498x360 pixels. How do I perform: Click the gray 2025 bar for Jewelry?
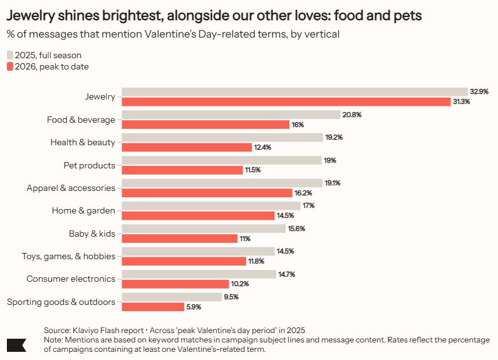294,91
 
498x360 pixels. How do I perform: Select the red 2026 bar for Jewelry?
286,102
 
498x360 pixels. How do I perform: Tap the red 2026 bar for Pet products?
182,170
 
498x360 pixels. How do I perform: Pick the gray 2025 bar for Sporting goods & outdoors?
172,297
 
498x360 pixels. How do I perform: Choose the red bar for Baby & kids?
179,239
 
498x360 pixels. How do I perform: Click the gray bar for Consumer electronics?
199,274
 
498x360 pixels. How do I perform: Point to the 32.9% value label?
479,91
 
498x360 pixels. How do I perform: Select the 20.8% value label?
352,115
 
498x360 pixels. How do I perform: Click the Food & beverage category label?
81,120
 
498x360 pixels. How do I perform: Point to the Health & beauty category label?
83,142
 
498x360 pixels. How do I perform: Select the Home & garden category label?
83,211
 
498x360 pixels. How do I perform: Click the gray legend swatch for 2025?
9,55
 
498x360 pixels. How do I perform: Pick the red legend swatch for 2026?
9,66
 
